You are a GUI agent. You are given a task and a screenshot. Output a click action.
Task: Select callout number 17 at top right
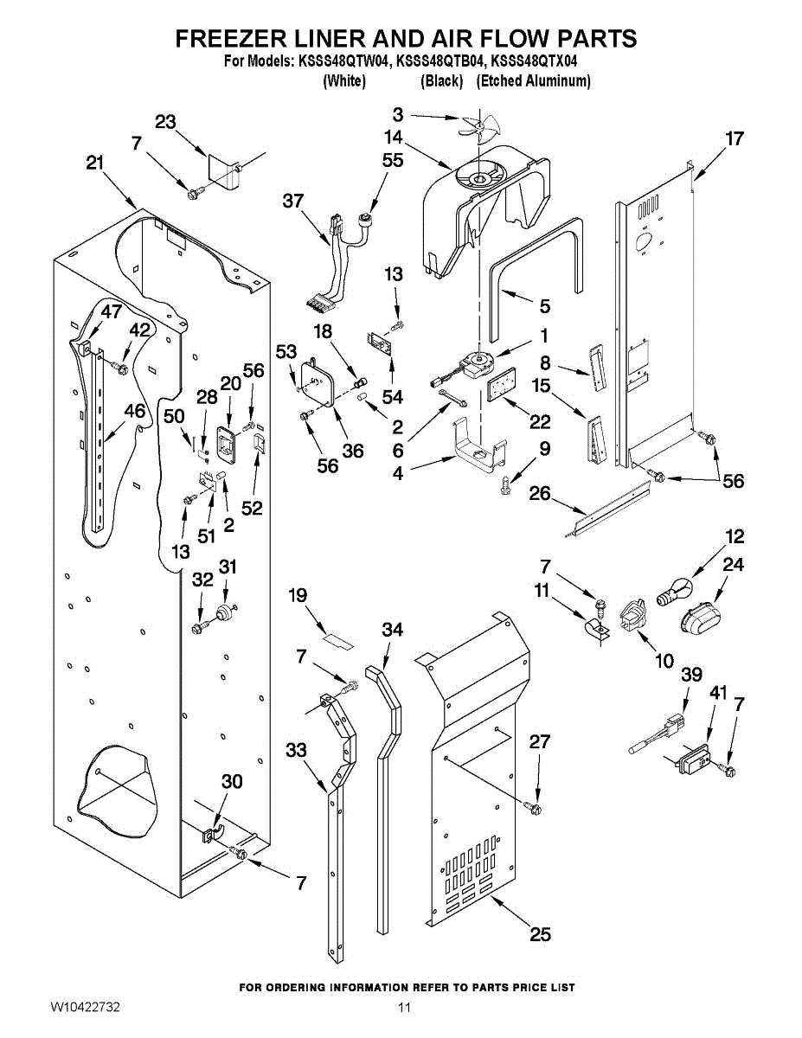click(735, 138)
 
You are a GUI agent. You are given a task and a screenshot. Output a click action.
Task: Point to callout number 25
click(540, 934)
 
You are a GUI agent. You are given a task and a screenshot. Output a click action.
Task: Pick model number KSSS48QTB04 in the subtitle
click(440, 61)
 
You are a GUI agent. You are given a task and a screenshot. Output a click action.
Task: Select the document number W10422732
click(85, 1008)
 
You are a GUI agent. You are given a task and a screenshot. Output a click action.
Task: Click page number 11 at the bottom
click(404, 1008)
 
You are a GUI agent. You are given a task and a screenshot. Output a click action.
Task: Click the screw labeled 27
click(533, 808)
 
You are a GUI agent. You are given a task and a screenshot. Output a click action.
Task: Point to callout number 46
click(134, 411)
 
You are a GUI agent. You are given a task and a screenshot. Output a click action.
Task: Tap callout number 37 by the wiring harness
click(293, 201)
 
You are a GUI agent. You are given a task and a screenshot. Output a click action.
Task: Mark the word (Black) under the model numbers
click(441, 81)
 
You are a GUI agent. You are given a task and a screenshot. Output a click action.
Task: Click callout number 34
click(392, 631)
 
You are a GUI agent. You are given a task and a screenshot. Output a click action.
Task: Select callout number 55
click(393, 160)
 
